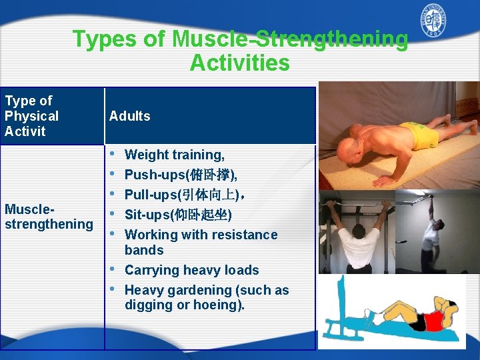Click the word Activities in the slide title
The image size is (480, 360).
(239, 63)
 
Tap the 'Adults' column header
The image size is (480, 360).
(129, 116)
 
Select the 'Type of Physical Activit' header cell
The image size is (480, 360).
(31, 116)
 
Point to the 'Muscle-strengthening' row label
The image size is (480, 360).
(48, 217)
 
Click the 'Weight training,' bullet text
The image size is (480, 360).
(174, 155)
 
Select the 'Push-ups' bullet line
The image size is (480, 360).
(180, 175)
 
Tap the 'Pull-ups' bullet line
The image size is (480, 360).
(186, 195)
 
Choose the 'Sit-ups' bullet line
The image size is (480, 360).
(177, 215)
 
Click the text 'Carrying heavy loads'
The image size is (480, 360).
(191, 270)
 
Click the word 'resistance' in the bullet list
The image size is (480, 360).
(243, 235)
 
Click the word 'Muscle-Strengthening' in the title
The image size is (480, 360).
(290, 39)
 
